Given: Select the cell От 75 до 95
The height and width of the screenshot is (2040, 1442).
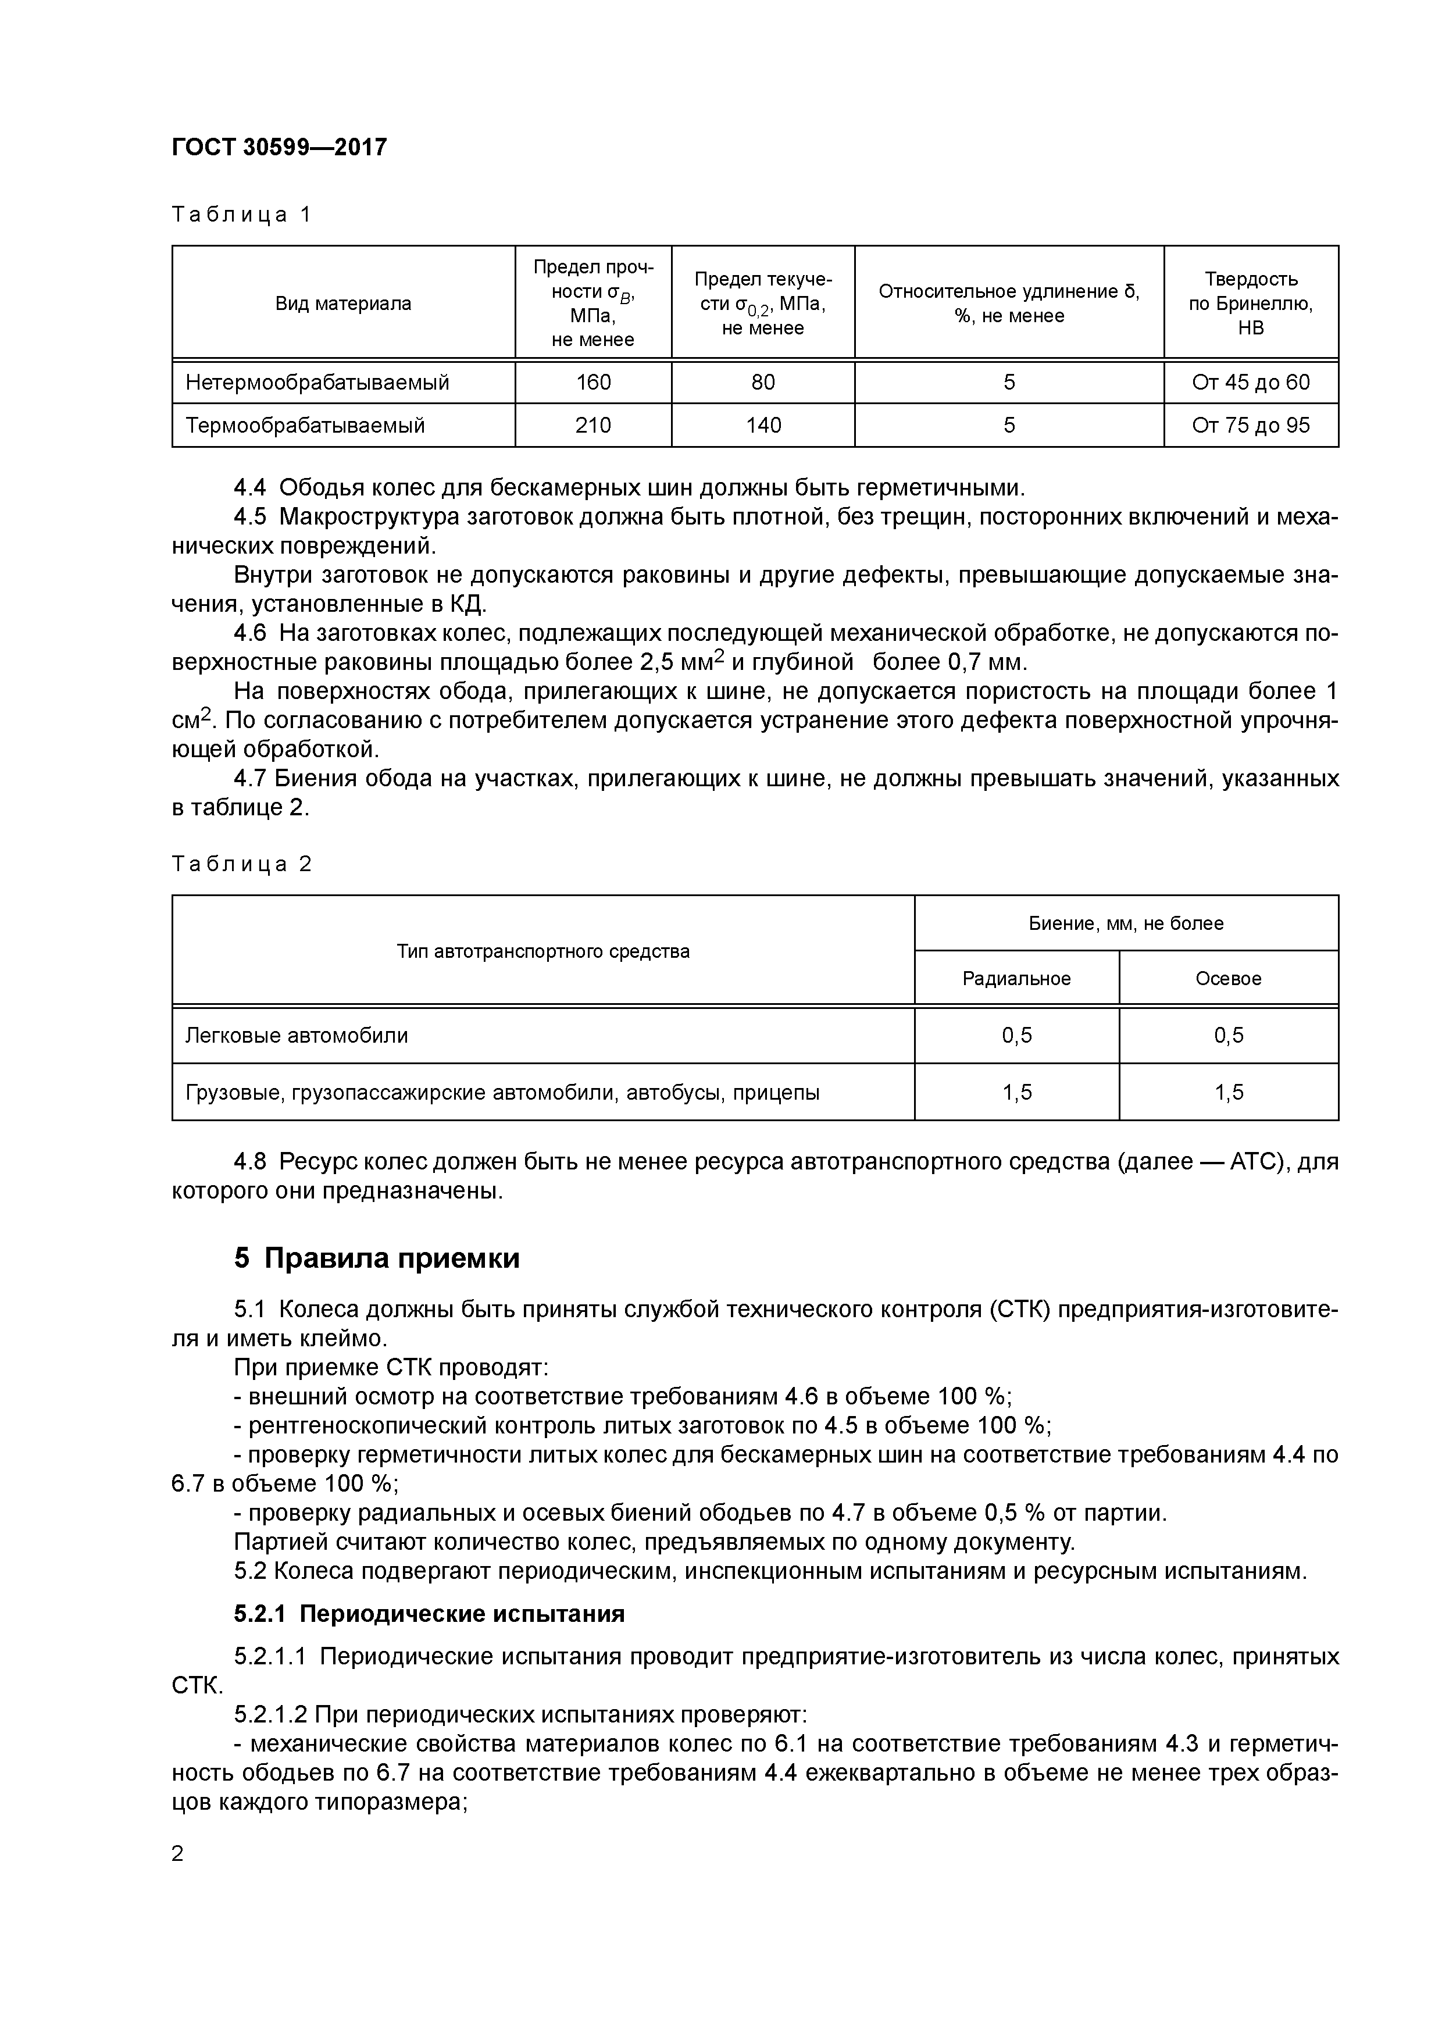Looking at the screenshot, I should coord(1250,426).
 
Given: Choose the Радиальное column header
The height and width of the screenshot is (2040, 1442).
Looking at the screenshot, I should coord(1016,978).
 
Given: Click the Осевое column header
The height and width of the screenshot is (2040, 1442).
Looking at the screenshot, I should coord(1228,978).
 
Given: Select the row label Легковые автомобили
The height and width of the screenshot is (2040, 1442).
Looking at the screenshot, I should coord(297,1035).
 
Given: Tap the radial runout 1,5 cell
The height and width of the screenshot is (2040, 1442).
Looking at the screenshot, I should coord(1016,1092).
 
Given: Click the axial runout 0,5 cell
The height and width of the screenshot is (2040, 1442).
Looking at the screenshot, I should coord(1228,1035).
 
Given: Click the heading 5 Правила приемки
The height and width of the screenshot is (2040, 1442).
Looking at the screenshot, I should coord(377,1258).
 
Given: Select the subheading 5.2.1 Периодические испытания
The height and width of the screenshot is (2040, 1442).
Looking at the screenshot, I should coord(429,1614).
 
